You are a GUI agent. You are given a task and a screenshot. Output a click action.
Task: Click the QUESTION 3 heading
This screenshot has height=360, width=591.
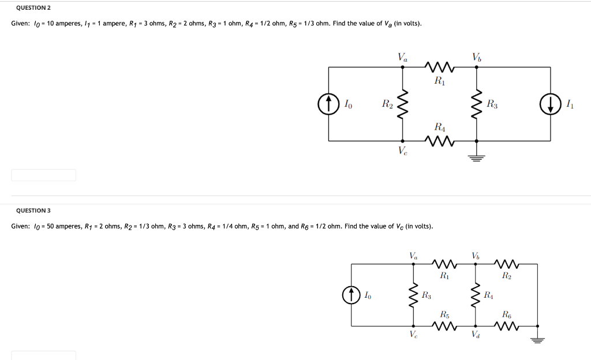(33, 211)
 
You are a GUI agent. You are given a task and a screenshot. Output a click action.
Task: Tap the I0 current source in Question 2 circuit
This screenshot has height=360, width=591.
(328, 104)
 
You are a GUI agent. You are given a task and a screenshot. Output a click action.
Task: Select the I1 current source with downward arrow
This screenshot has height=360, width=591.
(551, 104)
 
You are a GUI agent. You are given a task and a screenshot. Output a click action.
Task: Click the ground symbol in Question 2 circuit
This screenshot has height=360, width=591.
(476, 157)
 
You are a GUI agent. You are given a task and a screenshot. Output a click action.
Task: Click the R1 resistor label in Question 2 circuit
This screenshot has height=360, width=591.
(439, 81)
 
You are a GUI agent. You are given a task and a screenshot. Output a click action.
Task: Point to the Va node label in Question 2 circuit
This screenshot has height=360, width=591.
(402, 57)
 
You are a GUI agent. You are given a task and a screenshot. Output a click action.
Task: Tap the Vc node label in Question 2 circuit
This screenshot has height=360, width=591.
(402, 151)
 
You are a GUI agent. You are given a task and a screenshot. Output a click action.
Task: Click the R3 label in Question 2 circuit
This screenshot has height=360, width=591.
(492, 104)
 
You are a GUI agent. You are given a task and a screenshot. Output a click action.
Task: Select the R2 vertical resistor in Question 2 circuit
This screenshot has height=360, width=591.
(402, 104)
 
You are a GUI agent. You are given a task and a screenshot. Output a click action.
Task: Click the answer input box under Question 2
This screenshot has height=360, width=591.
(43, 175)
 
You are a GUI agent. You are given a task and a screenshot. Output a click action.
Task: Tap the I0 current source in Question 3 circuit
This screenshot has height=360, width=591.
(351, 295)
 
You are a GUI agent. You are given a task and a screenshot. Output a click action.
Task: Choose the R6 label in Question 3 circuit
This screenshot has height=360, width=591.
(507, 315)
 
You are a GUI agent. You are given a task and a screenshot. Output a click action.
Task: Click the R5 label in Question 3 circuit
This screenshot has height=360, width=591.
(444, 315)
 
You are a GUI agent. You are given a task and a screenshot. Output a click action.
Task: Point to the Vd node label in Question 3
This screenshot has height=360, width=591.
(476, 334)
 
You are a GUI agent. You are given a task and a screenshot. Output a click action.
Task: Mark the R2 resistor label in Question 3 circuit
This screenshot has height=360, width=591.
(507, 276)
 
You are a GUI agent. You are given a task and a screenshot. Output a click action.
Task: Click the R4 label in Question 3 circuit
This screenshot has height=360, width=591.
(489, 296)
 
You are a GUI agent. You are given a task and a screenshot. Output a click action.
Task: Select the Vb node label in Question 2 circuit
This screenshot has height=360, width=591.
(476, 57)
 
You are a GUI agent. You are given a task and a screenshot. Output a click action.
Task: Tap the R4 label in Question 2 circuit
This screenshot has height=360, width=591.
(439, 127)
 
